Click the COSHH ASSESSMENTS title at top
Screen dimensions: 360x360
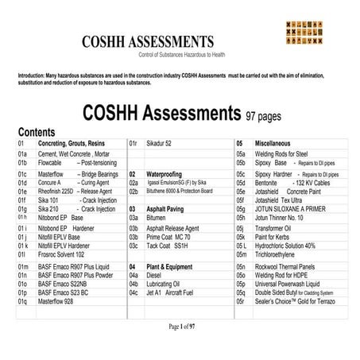(147, 41)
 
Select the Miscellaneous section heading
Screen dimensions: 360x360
(277, 143)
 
